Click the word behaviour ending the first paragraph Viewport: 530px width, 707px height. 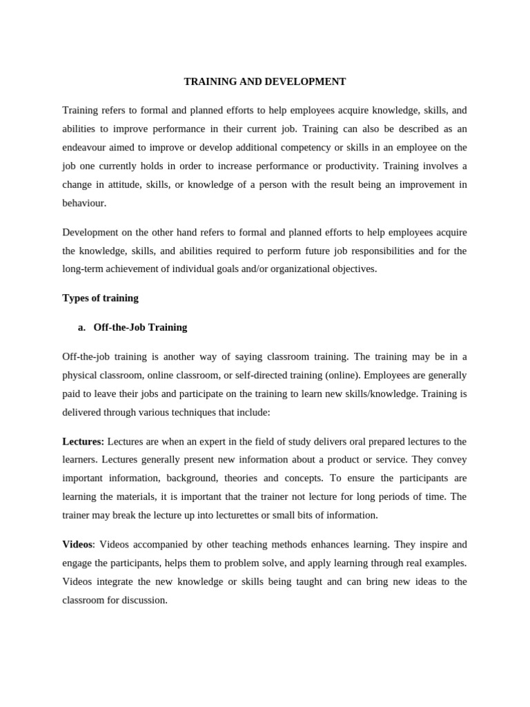(84, 203)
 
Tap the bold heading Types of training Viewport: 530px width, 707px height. (100, 298)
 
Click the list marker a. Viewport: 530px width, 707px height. (81, 327)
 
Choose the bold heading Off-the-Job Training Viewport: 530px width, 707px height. (140, 327)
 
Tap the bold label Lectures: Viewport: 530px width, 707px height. (84, 441)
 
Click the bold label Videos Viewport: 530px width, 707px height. (77, 544)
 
